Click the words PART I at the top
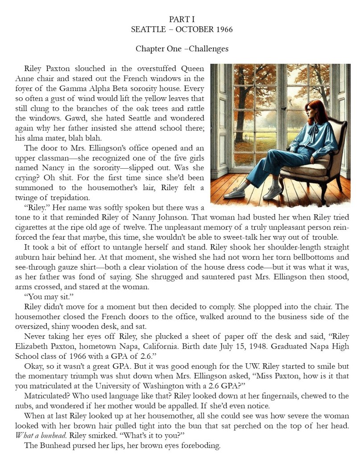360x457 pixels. (x=182, y=19)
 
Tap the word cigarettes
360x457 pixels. (x=36, y=227)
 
